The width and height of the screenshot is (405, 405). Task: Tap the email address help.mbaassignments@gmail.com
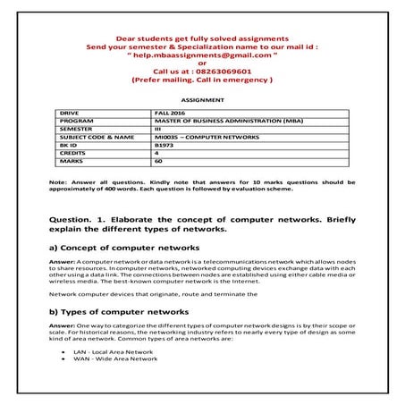pyautogui.click(x=202, y=55)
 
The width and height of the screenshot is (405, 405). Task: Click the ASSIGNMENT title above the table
pyautogui.click(x=202, y=102)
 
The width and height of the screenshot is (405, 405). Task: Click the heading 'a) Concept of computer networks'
pyautogui.click(x=123, y=246)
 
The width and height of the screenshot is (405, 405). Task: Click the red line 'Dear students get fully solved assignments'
pyautogui.click(x=202, y=38)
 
